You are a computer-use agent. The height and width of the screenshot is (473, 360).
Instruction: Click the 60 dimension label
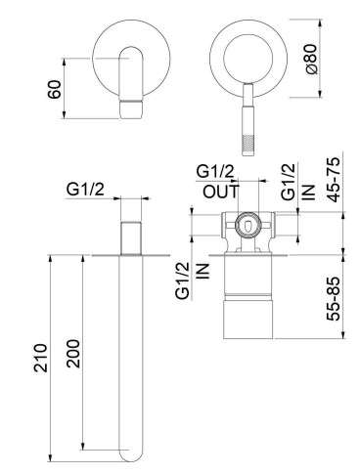point(54,89)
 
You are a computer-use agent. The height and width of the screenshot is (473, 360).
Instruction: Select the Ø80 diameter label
point(312,59)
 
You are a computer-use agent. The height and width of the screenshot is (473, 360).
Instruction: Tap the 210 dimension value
point(41,358)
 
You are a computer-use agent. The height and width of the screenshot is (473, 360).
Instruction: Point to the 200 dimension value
point(73,354)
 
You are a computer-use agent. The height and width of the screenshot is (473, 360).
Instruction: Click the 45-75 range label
point(334,180)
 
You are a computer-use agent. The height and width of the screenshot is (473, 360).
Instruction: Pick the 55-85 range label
point(334,299)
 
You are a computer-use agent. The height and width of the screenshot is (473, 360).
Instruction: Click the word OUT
point(221,192)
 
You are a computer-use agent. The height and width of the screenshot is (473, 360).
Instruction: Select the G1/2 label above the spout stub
point(85,190)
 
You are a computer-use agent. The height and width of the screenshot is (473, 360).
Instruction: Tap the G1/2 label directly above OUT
point(215,171)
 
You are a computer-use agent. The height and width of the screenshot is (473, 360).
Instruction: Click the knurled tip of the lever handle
point(248,146)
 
